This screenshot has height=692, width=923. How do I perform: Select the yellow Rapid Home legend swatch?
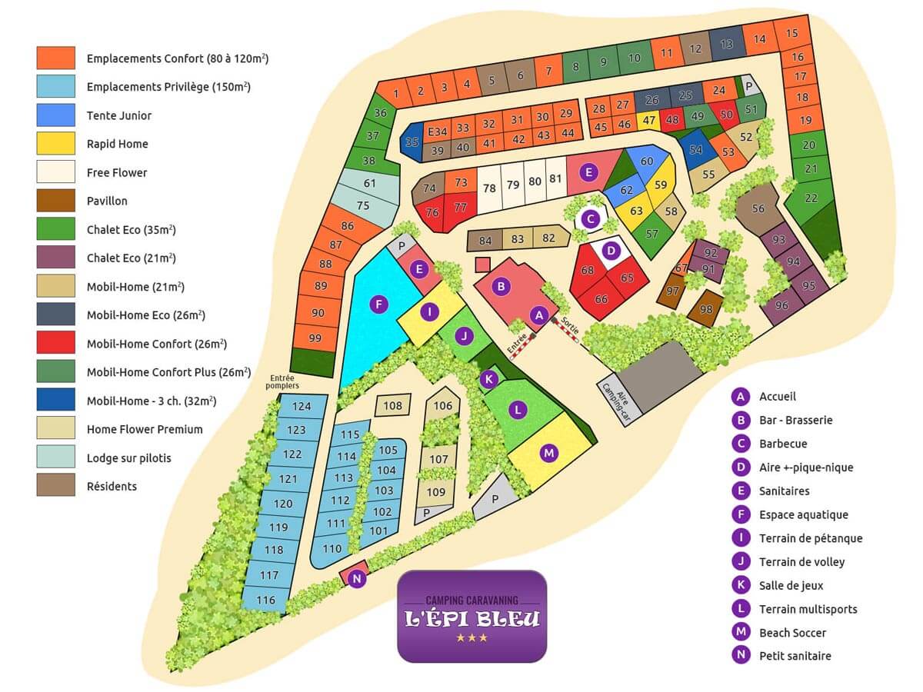point(56,143)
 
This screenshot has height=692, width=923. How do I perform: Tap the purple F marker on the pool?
point(378,304)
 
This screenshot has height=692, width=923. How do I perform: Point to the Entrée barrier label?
point(517,342)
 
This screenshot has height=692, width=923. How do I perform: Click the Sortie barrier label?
point(570,324)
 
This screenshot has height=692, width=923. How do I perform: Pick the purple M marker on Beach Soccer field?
point(548,453)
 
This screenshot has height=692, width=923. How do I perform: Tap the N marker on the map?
point(357,578)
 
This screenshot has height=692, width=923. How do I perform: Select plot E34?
point(437,131)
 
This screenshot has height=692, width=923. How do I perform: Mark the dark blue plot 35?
point(412,142)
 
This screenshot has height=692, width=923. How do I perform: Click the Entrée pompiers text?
point(282,381)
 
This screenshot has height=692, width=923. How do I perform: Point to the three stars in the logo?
point(471,638)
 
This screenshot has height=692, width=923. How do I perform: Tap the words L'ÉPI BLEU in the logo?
point(471,618)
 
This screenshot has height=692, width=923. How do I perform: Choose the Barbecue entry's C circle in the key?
point(741,444)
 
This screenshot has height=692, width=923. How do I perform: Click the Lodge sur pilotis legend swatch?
point(56,457)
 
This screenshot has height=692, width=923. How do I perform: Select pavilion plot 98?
point(706,309)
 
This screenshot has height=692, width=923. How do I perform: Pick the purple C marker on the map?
point(591,218)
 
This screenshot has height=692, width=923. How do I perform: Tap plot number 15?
point(791,33)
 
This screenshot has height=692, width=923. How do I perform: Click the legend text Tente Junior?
point(119,115)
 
